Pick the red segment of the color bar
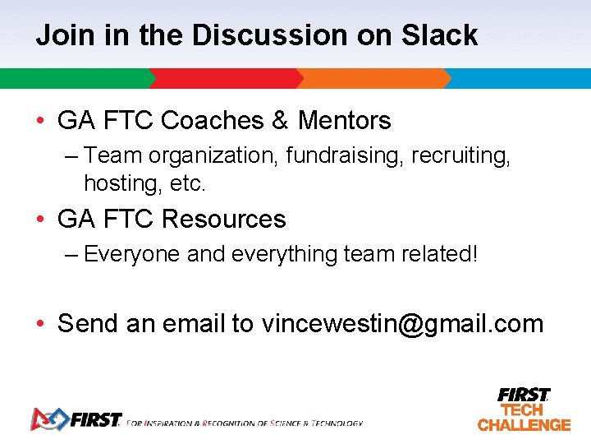226,78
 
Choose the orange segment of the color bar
373,78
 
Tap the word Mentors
344,121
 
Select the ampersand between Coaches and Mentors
280,121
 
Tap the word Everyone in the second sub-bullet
132,254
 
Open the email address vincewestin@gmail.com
402,324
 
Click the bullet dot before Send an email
40,324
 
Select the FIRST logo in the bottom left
76,419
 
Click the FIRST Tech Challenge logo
524,409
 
